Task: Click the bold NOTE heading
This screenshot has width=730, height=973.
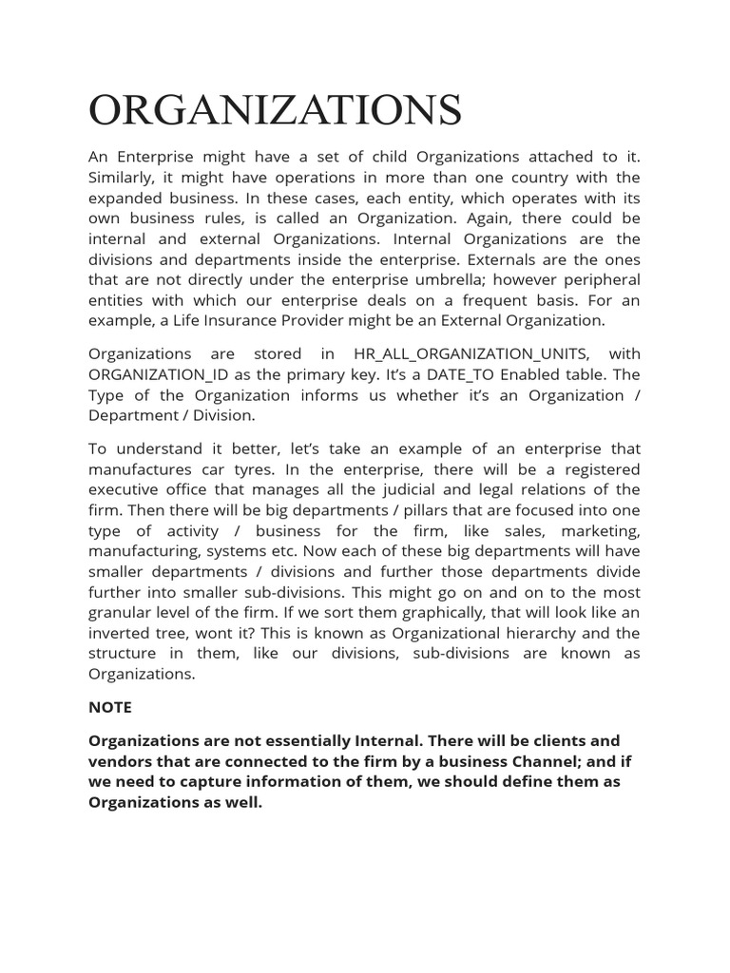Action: pos(110,708)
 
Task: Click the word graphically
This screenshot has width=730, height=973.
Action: pos(456,613)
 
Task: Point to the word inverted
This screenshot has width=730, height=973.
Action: pos(118,633)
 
